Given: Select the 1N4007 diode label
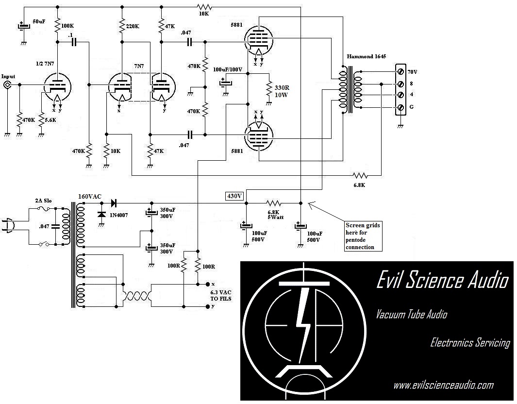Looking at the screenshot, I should tap(119, 215).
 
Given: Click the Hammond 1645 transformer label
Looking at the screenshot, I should tap(367, 56).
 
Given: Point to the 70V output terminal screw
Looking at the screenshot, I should tap(401, 71).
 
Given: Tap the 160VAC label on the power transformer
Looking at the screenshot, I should tap(90, 196).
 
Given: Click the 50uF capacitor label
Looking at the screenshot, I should tap(39, 22).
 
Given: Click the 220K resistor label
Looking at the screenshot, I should tap(133, 27).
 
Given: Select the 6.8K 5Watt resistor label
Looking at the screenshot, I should tap(274, 215).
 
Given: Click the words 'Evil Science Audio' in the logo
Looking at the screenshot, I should tap(442, 281).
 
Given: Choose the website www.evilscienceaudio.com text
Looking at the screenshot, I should tap(443, 385).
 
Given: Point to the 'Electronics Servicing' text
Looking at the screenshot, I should tap(470, 342).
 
